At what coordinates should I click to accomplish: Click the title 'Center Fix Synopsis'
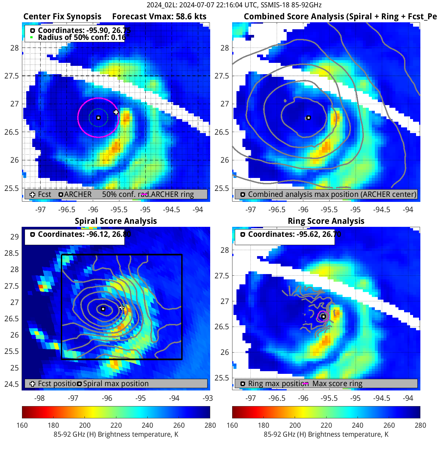(x=62, y=17)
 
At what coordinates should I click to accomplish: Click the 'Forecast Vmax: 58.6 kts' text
(x=159, y=17)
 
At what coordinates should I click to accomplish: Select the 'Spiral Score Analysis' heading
(x=116, y=221)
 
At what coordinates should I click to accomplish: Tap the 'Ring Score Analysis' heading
(x=326, y=221)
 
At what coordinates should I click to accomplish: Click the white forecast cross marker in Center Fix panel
(x=116, y=112)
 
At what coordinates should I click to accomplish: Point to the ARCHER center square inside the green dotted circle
(x=98, y=118)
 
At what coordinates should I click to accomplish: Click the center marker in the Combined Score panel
(x=309, y=118)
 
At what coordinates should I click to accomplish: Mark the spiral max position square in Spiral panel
(x=103, y=309)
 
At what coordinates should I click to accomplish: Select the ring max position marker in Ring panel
(x=323, y=317)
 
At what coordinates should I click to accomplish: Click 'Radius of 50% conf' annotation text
(x=81, y=37)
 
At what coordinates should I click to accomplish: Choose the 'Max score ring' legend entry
(x=337, y=383)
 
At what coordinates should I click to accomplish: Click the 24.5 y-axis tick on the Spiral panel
(x=12, y=384)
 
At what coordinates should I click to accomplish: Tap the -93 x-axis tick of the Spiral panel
(x=208, y=398)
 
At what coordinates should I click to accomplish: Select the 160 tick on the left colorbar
(x=22, y=425)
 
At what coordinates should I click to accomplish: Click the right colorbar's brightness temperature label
(x=326, y=434)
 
